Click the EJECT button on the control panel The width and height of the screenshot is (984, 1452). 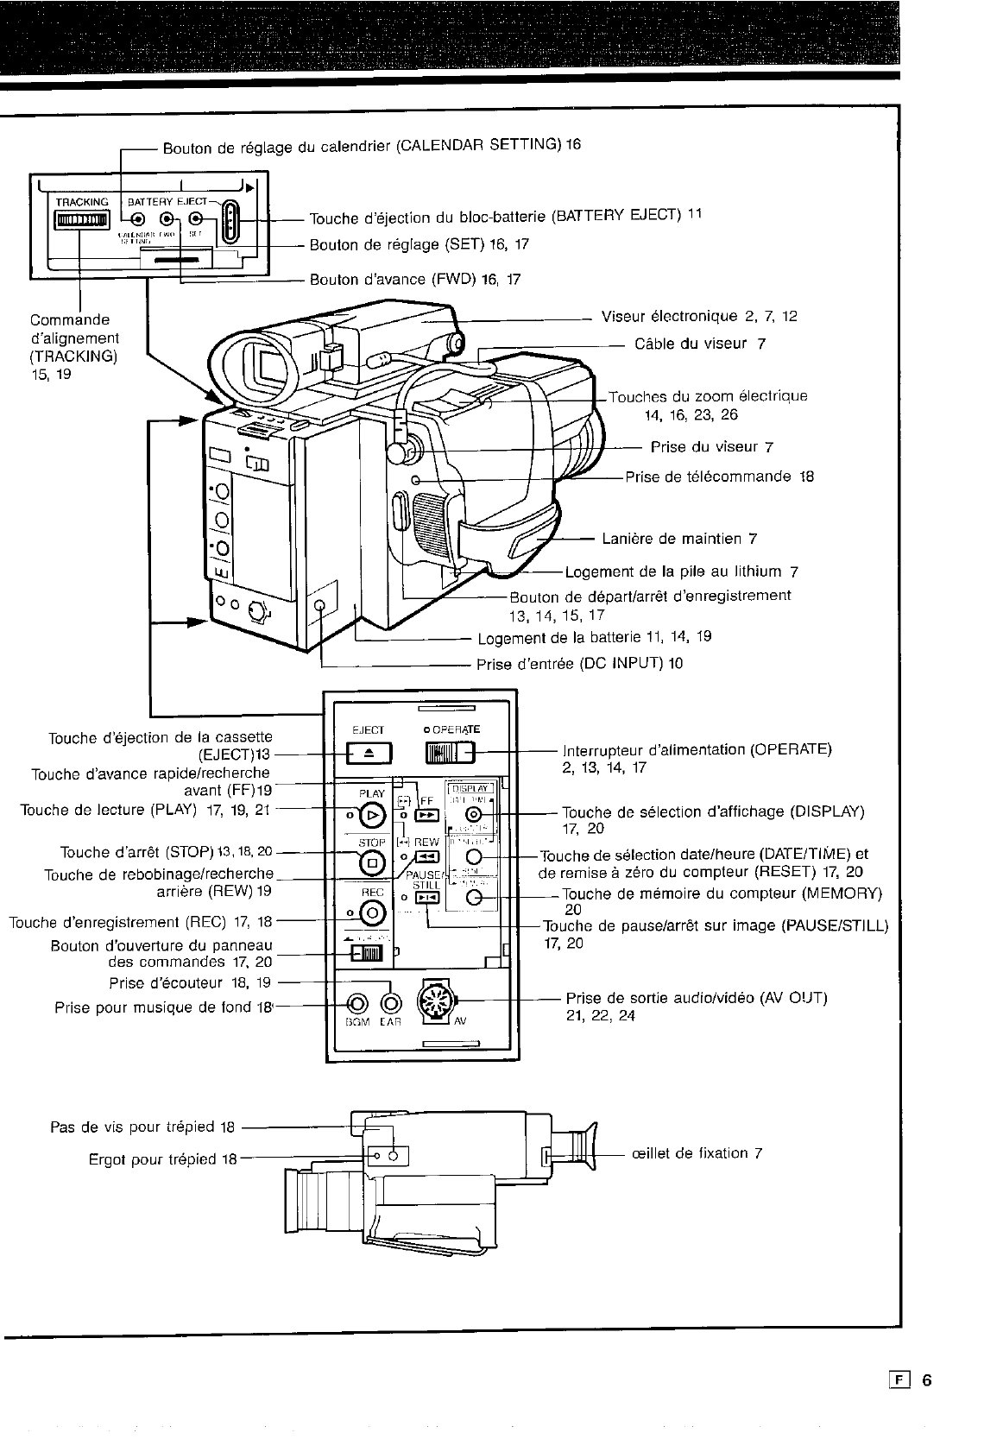[369, 754]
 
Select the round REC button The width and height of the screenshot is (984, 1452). [372, 911]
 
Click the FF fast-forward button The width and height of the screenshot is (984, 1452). [427, 814]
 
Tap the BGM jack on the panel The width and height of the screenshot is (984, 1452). [357, 1004]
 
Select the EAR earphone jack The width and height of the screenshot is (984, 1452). [392, 1004]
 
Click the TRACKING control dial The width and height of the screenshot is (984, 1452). [80, 223]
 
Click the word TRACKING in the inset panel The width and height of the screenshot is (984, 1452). [82, 202]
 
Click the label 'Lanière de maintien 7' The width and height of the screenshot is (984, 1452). [679, 540]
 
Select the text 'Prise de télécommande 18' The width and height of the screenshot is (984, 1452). [720, 477]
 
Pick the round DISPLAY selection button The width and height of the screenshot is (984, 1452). [473, 815]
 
